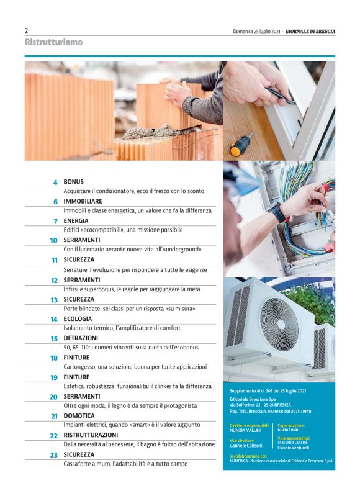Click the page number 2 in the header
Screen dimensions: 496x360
click(x=27, y=30)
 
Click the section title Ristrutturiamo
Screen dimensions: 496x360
click(x=53, y=42)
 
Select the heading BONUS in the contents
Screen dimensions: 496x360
click(x=73, y=182)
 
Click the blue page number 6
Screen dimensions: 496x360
click(x=55, y=202)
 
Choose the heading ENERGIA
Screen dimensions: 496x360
click(x=76, y=220)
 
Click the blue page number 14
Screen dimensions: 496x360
click(x=54, y=319)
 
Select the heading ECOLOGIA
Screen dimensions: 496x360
click(x=78, y=318)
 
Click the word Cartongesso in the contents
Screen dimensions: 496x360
click(x=79, y=367)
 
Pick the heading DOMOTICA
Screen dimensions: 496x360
click(x=79, y=416)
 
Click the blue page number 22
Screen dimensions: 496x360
click(x=54, y=436)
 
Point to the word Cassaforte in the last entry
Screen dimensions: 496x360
click(x=78, y=464)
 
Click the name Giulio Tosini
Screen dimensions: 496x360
click(x=288, y=430)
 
